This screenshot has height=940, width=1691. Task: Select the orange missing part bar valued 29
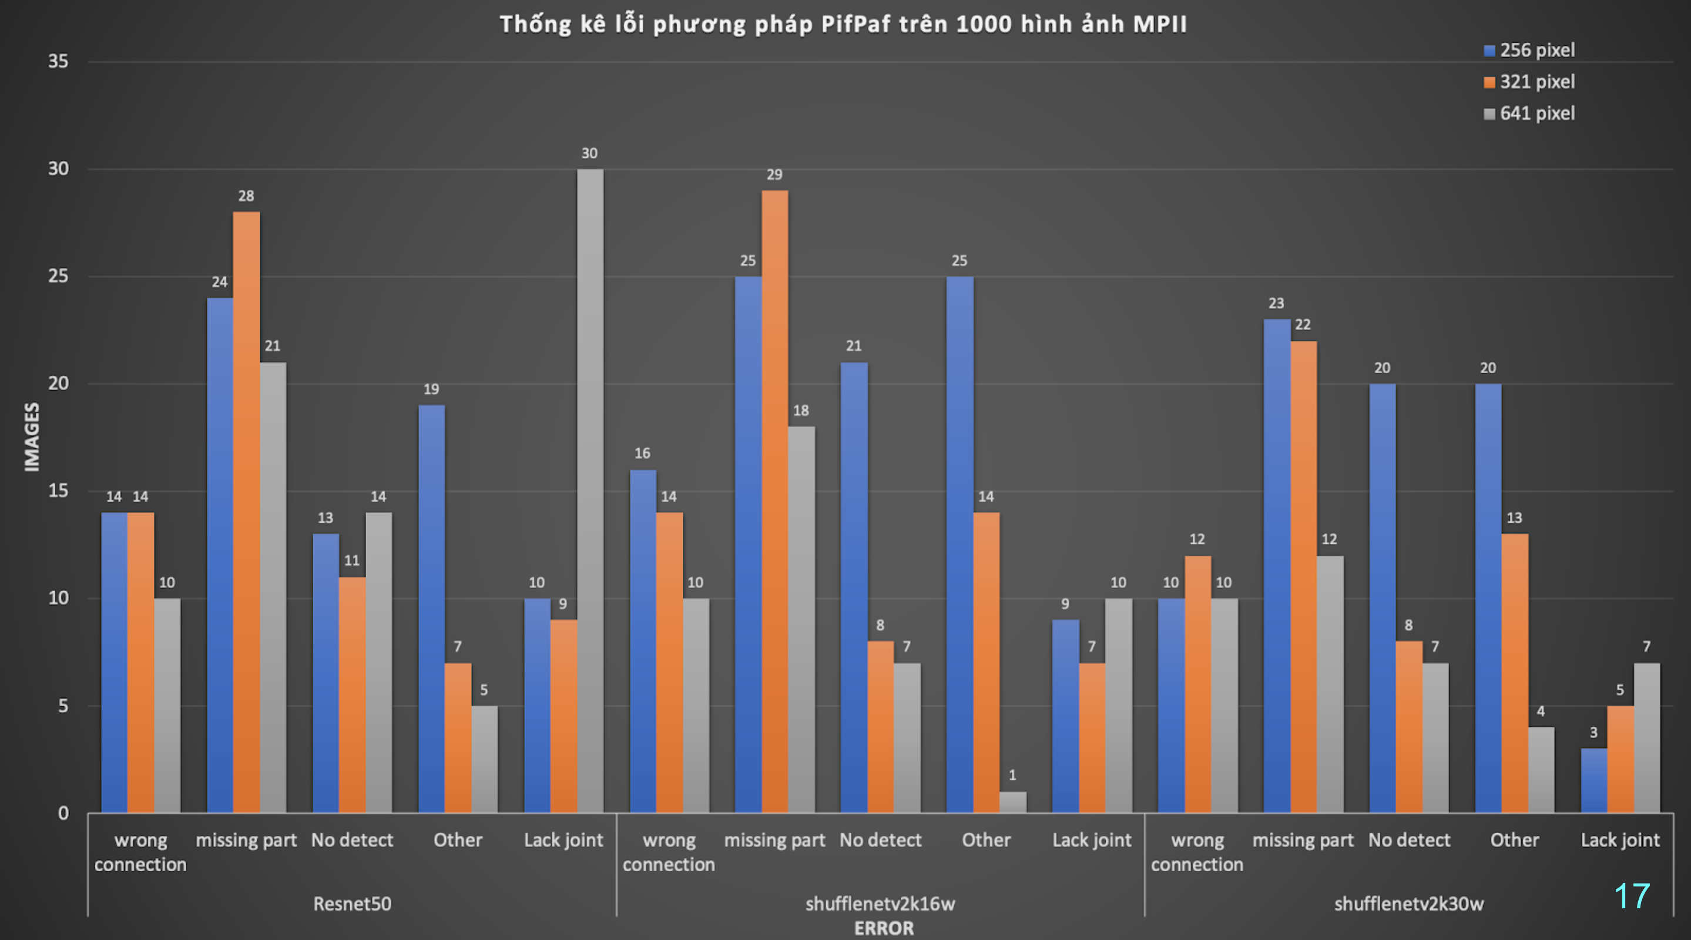[774, 502]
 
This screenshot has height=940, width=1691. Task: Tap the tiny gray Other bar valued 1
[1012, 802]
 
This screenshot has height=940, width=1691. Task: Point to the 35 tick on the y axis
[58, 62]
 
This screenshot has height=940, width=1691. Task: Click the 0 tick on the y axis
[63, 813]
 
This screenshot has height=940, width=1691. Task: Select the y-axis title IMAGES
[32, 437]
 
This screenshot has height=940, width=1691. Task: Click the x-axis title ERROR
[884, 928]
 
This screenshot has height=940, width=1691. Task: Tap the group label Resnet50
[352, 904]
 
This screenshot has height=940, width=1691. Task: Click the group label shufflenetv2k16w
[880, 904]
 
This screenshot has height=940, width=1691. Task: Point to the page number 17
[1631, 896]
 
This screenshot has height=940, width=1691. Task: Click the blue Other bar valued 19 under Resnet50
[431, 609]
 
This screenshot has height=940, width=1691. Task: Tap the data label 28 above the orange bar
[246, 196]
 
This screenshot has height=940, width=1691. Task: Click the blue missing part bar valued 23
[1276, 566]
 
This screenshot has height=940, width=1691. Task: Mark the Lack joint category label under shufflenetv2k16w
[1092, 840]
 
